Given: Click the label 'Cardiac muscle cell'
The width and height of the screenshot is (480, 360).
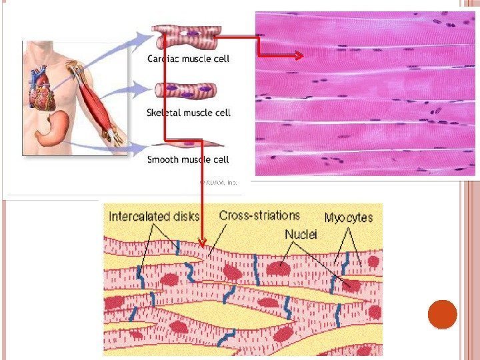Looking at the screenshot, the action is click(x=188, y=59).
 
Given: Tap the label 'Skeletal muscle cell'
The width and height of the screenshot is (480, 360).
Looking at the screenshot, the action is click(x=189, y=113).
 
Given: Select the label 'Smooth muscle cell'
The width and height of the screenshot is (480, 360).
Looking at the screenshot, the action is click(x=188, y=159).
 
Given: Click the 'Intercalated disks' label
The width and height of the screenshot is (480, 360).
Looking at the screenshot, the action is click(x=153, y=216).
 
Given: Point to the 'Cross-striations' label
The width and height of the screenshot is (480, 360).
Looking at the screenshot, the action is click(x=259, y=216).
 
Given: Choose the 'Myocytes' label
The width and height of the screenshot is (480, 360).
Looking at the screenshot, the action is click(x=349, y=217).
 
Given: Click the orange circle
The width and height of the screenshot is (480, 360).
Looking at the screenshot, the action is click(x=442, y=315).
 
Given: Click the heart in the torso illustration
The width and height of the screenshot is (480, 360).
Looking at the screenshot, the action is click(x=43, y=89).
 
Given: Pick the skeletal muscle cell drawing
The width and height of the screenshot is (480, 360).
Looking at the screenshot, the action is click(x=184, y=90).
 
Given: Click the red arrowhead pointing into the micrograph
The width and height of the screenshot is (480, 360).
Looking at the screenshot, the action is click(x=298, y=57).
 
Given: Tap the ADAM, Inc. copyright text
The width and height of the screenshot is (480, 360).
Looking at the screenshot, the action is click(x=219, y=182).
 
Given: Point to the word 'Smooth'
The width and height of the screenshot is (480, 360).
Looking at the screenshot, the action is click(x=163, y=159).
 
